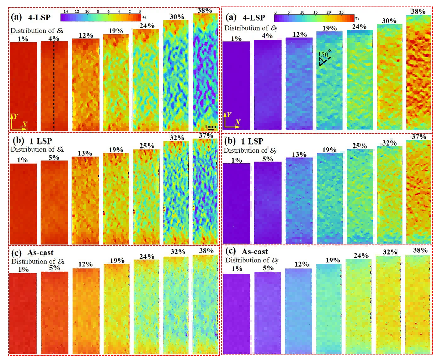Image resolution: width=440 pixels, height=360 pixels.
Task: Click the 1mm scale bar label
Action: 211,127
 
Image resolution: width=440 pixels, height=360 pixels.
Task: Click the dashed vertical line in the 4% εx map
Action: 54,86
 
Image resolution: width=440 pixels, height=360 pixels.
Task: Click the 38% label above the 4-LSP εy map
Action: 419,10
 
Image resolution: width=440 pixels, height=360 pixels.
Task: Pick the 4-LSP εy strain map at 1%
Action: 236,84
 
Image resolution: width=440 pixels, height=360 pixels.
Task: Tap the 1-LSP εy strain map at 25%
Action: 360,196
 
